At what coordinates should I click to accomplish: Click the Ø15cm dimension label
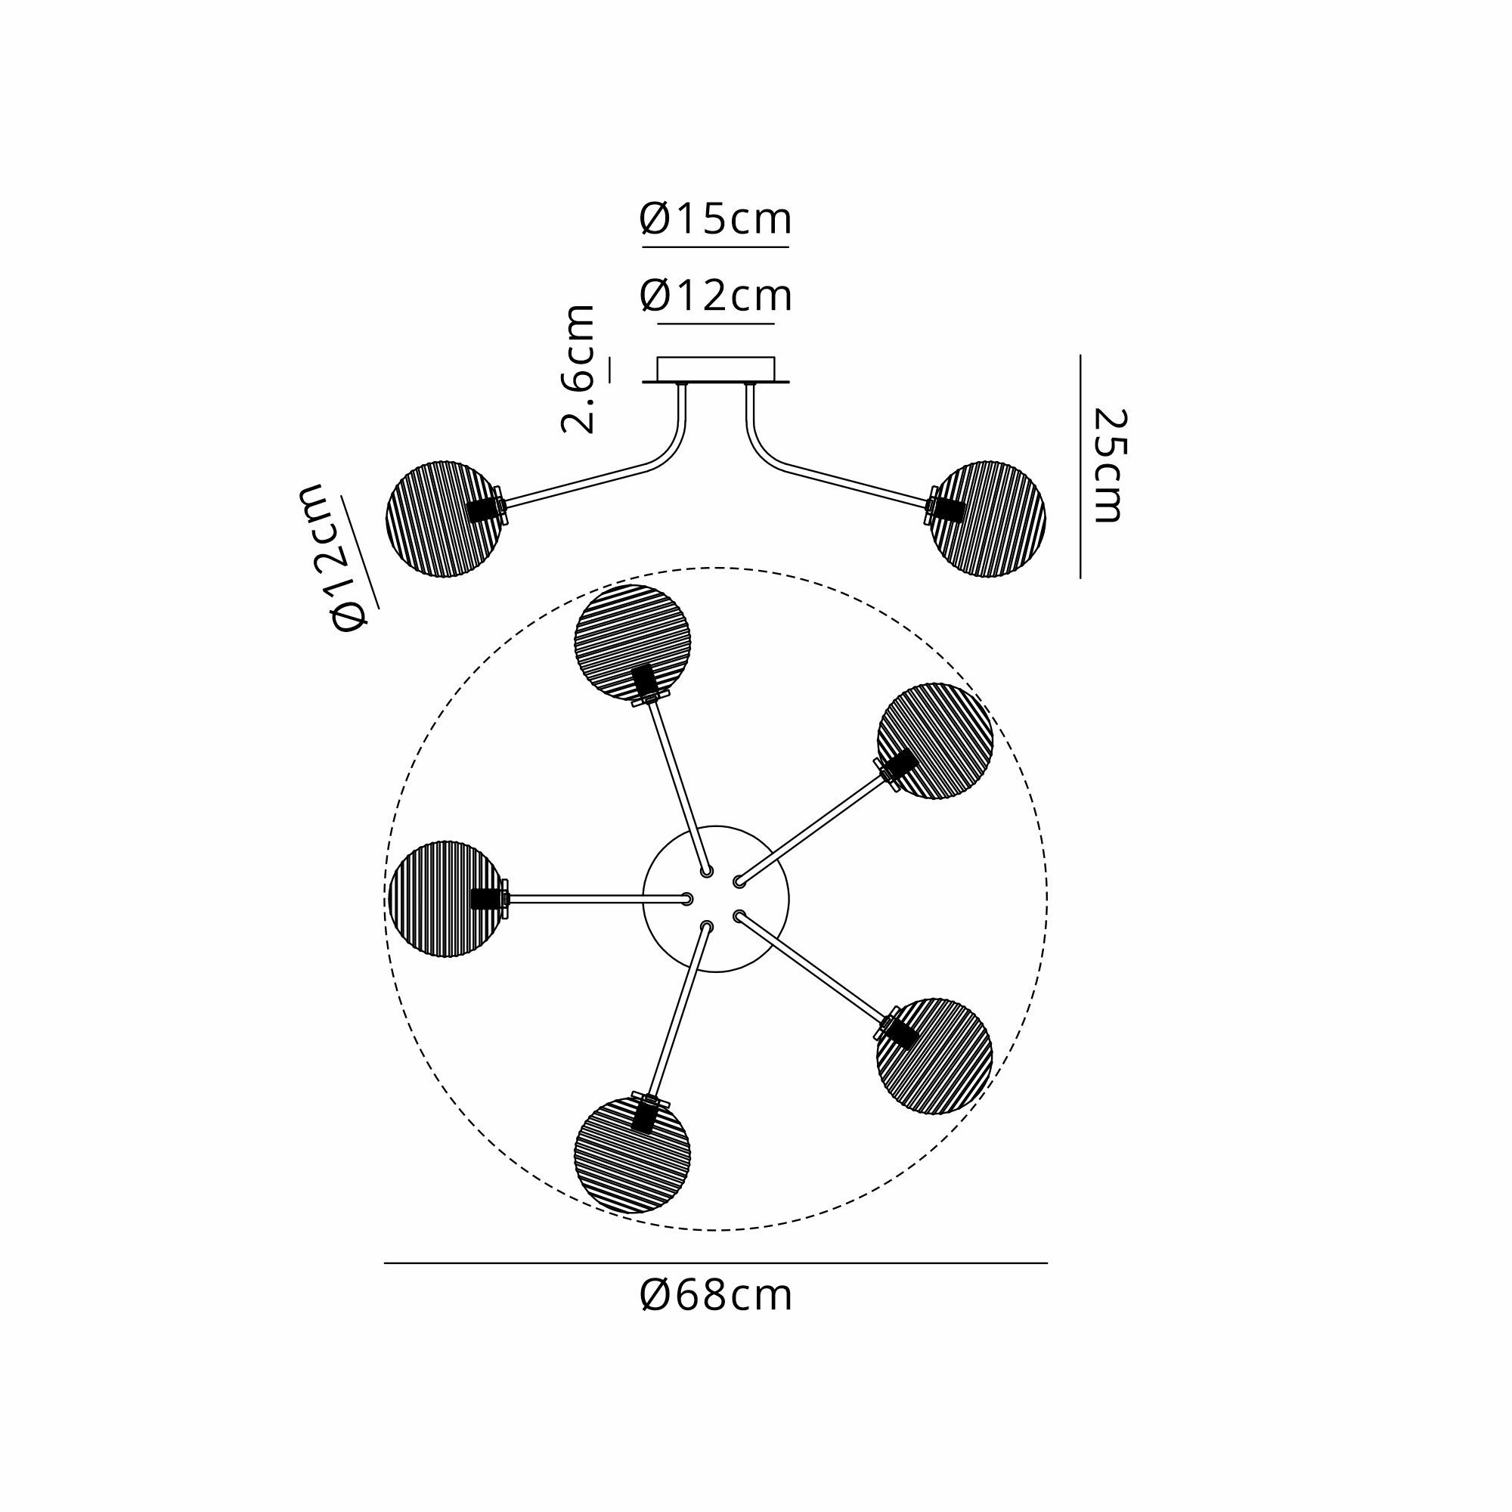tap(715, 219)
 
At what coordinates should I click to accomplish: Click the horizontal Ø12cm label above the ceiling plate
tap(715, 296)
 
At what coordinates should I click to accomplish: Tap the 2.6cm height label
tap(578, 369)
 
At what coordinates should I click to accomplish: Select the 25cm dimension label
tap(1110, 465)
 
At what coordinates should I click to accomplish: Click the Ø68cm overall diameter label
tap(715, 1297)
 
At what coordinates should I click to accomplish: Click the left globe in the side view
tap(444, 519)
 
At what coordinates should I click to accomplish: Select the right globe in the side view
tap(987, 519)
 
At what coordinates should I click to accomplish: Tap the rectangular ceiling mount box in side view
tap(715, 370)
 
